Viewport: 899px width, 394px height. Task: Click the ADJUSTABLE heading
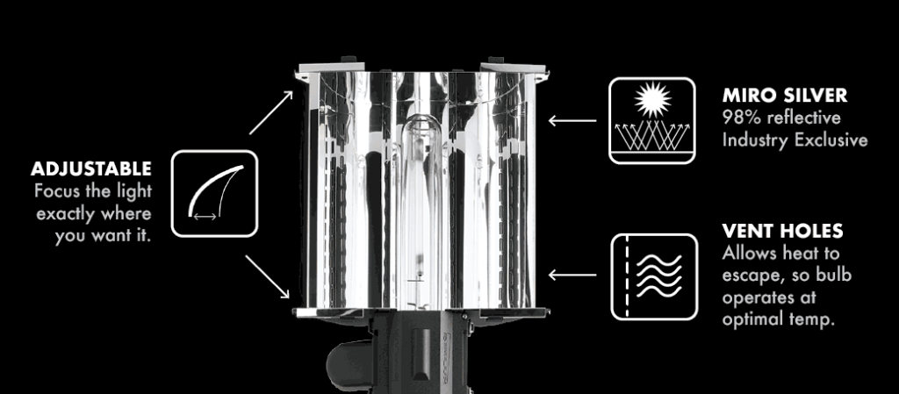click(91, 169)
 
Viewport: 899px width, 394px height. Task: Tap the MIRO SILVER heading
click(784, 96)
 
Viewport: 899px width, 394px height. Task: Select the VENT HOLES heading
click(782, 231)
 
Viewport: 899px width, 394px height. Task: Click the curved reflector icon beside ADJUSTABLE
click(214, 194)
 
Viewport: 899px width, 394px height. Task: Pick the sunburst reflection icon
click(652, 121)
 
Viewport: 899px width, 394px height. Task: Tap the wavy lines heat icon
click(654, 277)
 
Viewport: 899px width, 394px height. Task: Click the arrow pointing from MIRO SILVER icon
click(572, 121)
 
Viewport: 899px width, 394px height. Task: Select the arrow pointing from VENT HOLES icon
click(572, 276)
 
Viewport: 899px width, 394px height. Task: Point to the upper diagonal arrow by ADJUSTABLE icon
click(271, 112)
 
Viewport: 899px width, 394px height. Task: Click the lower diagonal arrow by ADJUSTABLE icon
click(268, 276)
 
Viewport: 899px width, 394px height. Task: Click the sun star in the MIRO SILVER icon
click(652, 100)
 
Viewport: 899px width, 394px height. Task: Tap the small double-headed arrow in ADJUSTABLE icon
click(205, 217)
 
